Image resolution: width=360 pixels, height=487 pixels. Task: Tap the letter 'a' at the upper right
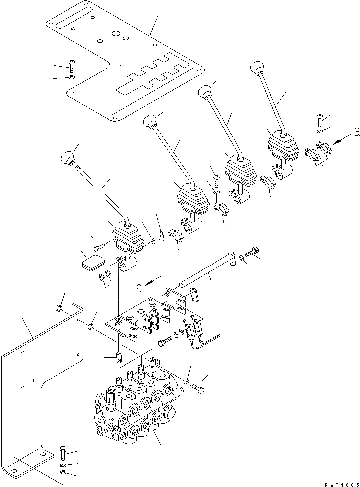(356, 132)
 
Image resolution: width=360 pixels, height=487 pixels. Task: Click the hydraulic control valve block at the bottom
(135, 411)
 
